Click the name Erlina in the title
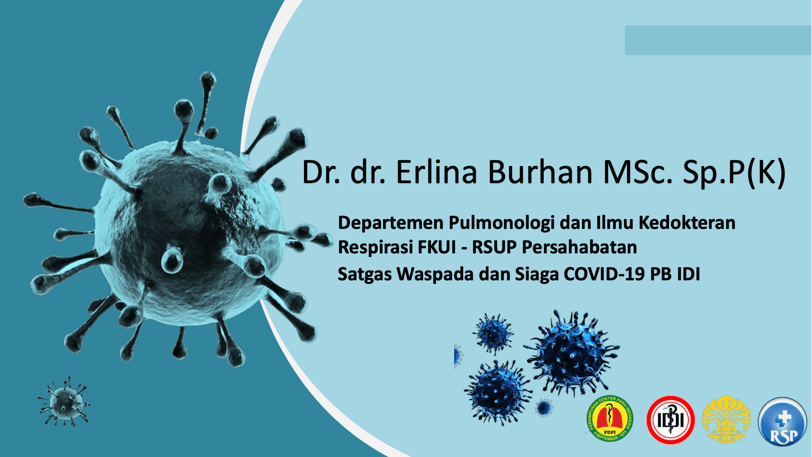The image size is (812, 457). tap(436, 172)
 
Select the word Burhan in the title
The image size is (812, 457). tap(540, 172)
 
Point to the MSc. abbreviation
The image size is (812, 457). tap(638, 172)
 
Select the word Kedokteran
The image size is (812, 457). tap(687, 223)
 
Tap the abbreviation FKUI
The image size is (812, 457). tap(437, 247)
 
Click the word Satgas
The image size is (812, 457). tap(364, 275)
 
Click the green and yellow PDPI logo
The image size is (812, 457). tap(610, 419)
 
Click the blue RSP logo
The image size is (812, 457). tap(783, 422)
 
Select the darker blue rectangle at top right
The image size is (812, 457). tap(718, 40)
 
